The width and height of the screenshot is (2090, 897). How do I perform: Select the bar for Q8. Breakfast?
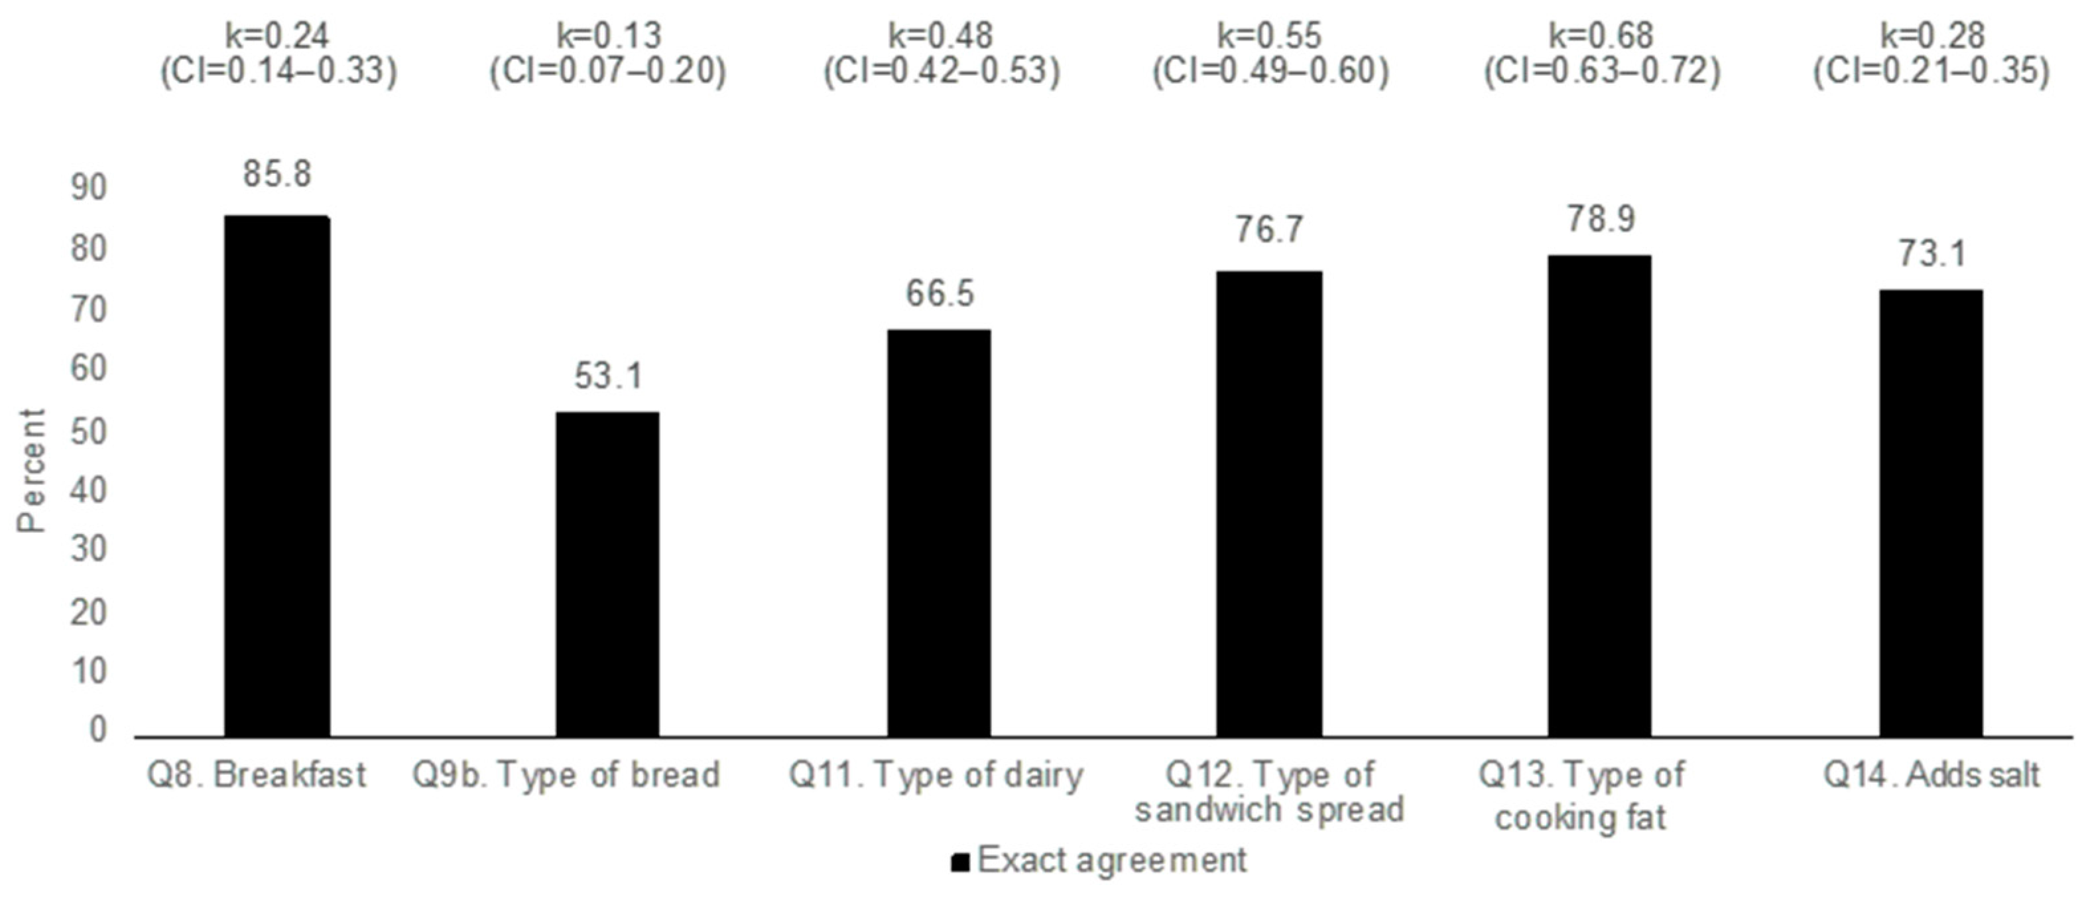[277, 476]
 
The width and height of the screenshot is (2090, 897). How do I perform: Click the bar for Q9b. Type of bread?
[607, 574]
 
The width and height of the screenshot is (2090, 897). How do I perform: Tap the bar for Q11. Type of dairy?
[939, 533]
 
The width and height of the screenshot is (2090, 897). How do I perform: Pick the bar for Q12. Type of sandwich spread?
[1269, 504]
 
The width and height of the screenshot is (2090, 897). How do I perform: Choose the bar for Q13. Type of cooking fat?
[1599, 496]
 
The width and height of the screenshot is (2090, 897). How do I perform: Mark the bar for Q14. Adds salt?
[1931, 513]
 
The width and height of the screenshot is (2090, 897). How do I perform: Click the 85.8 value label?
[277, 174]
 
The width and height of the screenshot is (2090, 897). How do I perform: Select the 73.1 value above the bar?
[1931, 255]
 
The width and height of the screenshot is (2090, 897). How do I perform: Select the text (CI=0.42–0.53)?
[941, 72]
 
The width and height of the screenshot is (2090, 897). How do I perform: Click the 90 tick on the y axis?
[88, 188]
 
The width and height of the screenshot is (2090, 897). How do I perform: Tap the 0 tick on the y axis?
[97, 730]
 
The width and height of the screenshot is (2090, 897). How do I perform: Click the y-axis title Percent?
[32, 471]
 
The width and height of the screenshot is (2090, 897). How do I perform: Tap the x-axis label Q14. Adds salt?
[1931, 775]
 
